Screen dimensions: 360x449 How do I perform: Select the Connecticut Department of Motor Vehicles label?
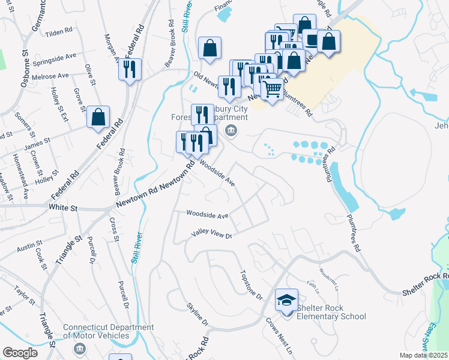(109, 332)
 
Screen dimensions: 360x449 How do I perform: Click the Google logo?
(20, 353)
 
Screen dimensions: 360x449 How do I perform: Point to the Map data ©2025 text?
(424, 355)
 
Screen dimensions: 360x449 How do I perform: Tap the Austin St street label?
(29, 247)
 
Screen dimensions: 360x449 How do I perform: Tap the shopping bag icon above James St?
(98, 116)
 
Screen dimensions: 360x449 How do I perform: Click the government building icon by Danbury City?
(229, 131)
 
